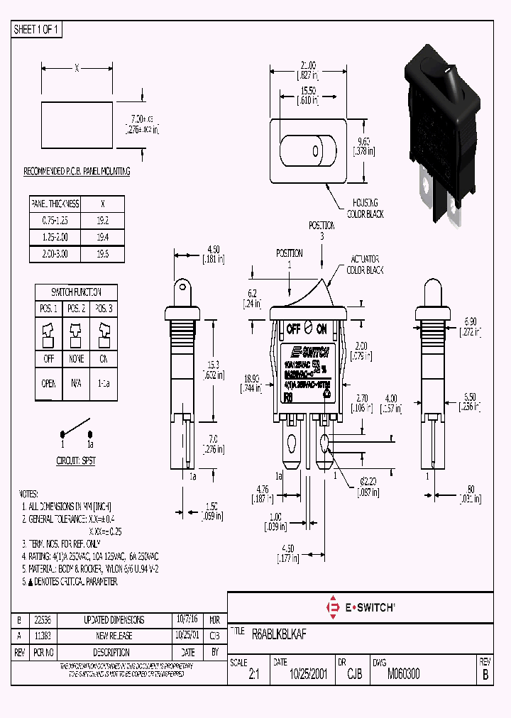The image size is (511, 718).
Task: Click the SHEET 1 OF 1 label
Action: [x=38, y=30]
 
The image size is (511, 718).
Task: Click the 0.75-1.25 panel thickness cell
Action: [x=55, y=221]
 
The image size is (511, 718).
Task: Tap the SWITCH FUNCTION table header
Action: [x=76, y=292]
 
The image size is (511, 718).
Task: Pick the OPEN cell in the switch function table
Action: [x=49, y=383]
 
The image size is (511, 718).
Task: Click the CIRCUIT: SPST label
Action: [x=76, y=460]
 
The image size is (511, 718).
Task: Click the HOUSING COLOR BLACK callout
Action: [x=364, y=208]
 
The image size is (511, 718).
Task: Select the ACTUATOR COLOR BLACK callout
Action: [x=365, y=265]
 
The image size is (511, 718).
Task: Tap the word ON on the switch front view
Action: [x=321, y=329]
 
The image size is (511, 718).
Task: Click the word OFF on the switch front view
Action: [x=292, y=329]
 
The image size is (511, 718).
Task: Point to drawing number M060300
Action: [x=402, y=674]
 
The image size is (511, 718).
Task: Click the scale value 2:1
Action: [x=254, y=675]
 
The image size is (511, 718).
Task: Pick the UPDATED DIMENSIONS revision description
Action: [x=114, y=619]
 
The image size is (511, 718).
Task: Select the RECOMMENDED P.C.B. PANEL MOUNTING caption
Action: [x=77, y=172]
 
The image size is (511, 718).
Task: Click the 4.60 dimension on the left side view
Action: [x=214, y=249]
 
